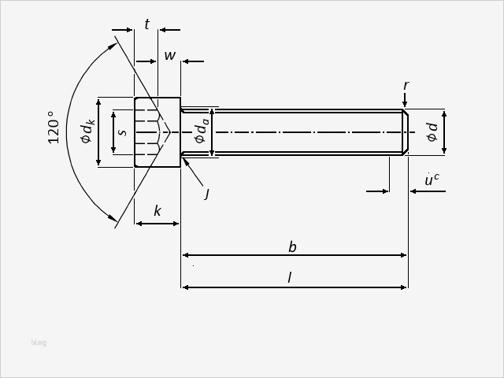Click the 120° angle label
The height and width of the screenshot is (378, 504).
click(x=54, y=127)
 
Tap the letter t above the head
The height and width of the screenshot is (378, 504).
click(x=146, y=25)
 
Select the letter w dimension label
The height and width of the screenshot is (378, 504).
click(x=169, y=56)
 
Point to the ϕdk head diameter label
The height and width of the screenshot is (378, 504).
click(x=87, y=132)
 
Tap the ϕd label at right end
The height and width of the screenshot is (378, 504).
click(x=432, y=132)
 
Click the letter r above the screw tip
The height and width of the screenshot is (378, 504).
click(x=406, y=85)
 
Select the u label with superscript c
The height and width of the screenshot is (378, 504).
click(x=431, y=180)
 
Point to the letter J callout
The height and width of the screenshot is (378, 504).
click(x=206, y=193)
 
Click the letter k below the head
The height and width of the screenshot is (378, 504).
click(x=157, y=211)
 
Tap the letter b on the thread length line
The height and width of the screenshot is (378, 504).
click(x=292, y=247)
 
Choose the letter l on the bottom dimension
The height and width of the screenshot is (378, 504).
click(x=290, y=278)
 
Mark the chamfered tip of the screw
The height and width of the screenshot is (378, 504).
click(x=405, y=132)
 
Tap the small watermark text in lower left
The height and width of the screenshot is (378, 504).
click(x=39, y=343)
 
